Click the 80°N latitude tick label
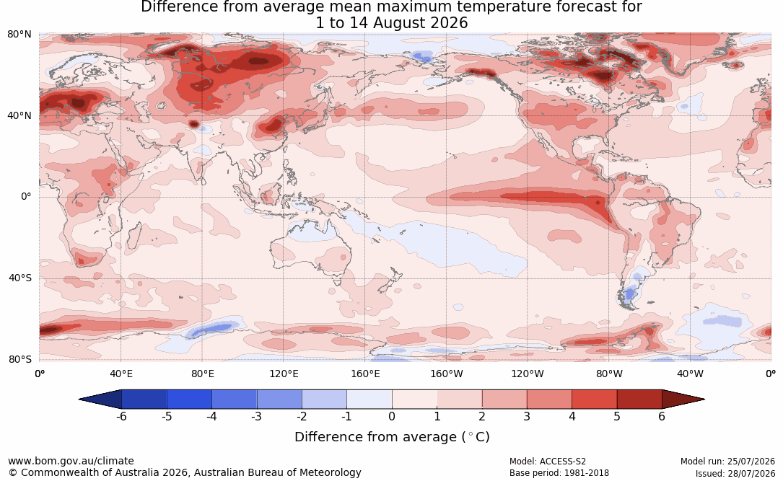pyautogui.click(x=19, y=35)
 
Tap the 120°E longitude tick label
pyautogui.click(x=284, y=374)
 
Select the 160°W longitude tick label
pyautogui.click(x=447, y=374)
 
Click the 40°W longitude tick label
pyautogui.click(x=691, y=374)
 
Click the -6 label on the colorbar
pyautogui.click(x=121, y=416)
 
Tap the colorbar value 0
pyautogui.click(x=392, y=416)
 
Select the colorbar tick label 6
pyautogui.click(x=662, y=416)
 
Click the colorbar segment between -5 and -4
pyautogui.click(x=189, y=400)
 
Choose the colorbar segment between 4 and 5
pyautogui.click(x=594, y=400)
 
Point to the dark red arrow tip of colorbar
pyautogui.click(x=704, y=400)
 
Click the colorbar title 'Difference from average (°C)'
pyautogui.click(x=392, y=437)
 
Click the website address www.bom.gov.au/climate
pyautogui.click(x=71, y=461)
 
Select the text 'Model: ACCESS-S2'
pyautogui.click(x=548, y=462)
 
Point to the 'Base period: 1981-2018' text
pyautogui.click(x=559, y=473)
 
